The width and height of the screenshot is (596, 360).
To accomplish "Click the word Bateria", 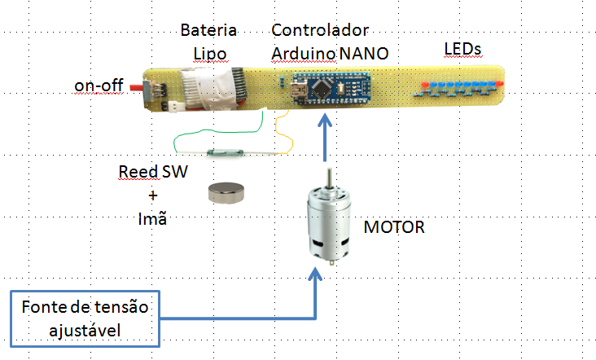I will pos(208,31).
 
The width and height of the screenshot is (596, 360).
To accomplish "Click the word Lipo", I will pos(208,53).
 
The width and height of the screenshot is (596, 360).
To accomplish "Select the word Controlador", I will pos(320,31).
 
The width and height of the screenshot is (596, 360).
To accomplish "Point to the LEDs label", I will pos(462,50).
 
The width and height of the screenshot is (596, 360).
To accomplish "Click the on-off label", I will pos(99,85).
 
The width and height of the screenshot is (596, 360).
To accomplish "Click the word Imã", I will pos(151,218).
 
